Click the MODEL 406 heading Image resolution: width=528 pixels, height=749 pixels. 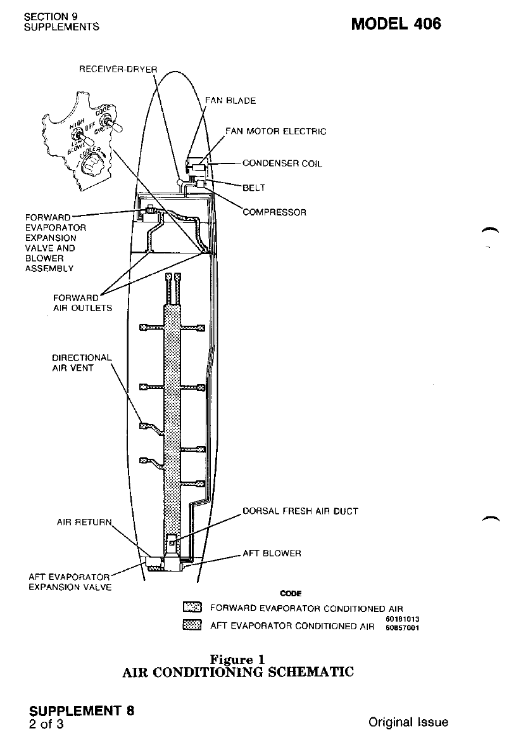tap(396, 24)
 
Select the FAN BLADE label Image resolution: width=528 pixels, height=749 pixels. tap(230, 101)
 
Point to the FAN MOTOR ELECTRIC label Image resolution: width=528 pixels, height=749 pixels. tap(276, 132)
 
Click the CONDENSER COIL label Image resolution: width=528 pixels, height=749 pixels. tap(282, 163)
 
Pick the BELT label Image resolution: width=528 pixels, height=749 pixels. tap(254, 188)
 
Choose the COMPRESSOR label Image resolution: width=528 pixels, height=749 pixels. tap(275, 212)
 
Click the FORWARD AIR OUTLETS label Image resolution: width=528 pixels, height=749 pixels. tap(82, 302)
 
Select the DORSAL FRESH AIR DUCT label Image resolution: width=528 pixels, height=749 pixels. tap(300, 511)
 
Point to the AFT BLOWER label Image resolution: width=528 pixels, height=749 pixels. tap(272, 553)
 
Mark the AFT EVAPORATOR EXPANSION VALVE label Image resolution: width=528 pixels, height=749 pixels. tap(70, 582)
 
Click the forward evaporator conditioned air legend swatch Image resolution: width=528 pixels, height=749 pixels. tap(191, 608)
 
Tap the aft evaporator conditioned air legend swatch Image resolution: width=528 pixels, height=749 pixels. tap(191, 626)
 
